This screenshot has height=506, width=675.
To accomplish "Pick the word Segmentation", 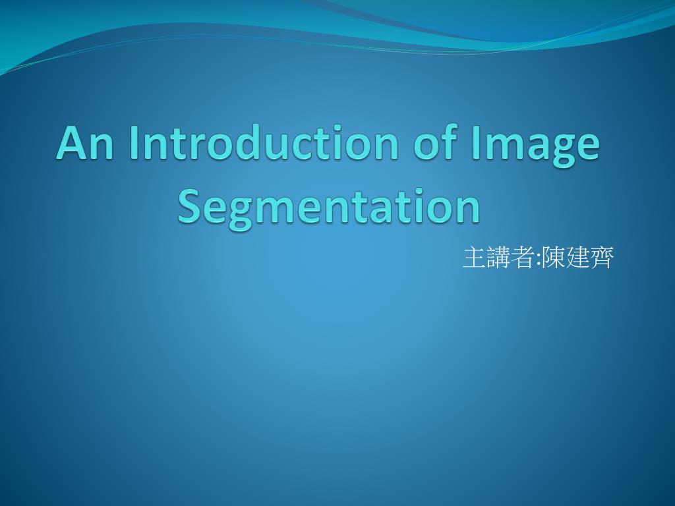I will click(328, 208).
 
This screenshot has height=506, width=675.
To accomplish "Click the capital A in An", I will click(71, 143).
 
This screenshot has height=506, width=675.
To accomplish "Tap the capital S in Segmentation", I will click(189, 206).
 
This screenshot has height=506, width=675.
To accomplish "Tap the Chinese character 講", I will click(498, 258).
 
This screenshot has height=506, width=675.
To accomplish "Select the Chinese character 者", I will click(522, 258).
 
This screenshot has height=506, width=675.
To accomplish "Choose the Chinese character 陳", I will click(552, 258).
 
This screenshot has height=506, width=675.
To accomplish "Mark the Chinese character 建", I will click(577, 258).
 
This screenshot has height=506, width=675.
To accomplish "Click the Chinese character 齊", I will click(601, 258).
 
